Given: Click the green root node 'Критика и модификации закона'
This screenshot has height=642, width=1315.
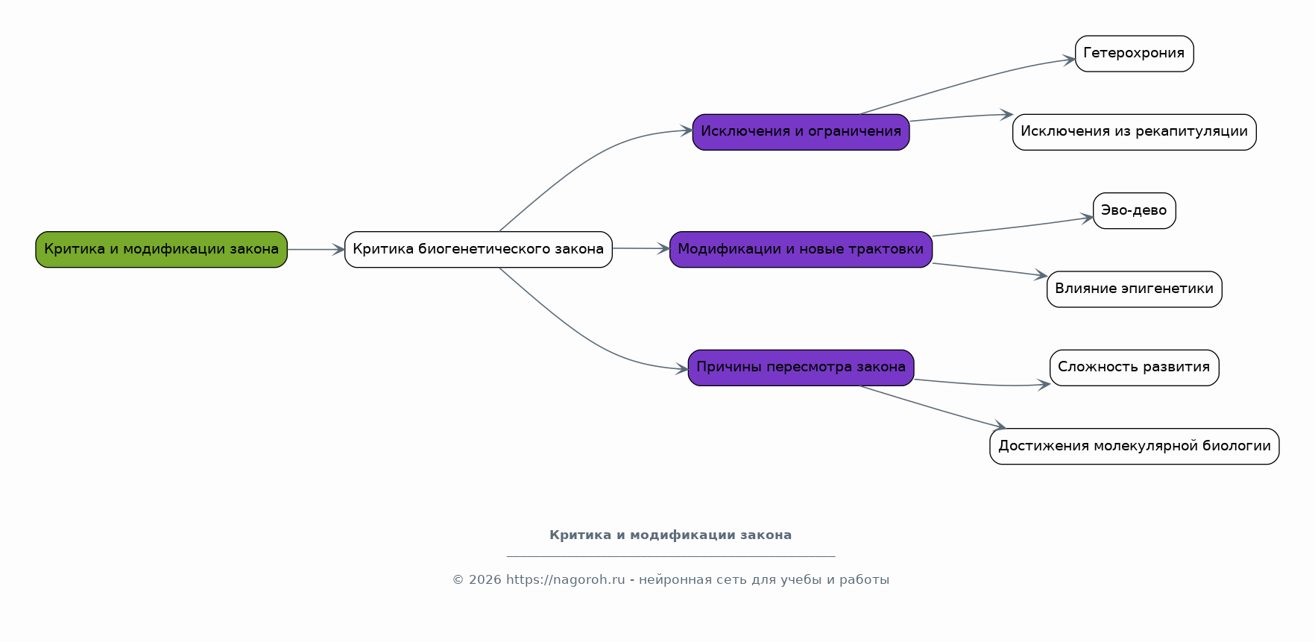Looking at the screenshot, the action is (x=162, y=249).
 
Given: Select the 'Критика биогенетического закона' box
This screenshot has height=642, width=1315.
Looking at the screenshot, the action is (x=479, y=249).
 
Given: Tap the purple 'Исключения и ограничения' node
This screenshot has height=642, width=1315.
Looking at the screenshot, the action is (x=801, y=132).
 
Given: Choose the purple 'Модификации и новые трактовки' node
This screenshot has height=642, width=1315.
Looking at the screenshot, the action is (x=801, y=249).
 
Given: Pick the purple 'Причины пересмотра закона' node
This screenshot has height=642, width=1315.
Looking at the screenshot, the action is (x=801, y=368).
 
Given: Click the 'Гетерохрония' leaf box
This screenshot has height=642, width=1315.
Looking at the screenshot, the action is (x=1134, y=54).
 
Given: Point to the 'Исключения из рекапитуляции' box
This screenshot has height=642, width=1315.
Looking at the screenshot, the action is (x=1134, y=132).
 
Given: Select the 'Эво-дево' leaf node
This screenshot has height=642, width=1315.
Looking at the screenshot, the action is (x=1134, y=211).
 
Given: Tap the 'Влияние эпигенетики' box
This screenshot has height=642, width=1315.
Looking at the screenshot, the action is (x=1134, y=289).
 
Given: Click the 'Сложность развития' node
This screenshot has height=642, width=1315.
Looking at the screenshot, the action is (x=1134, y=368).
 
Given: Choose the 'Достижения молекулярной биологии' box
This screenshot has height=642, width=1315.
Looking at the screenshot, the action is (x=1134, y=447).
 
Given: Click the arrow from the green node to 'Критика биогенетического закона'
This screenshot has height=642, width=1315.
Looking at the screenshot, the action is (x=316, y=249).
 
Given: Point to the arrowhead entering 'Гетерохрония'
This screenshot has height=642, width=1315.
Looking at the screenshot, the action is (x=1069, y=60).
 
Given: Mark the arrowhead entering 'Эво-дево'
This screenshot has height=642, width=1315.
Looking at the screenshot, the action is (x=1087, y=218).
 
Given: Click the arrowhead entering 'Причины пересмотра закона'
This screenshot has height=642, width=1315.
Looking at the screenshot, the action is (x=681, y=368).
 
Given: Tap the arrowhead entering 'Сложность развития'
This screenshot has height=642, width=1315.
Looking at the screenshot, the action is (x=1044, y=385).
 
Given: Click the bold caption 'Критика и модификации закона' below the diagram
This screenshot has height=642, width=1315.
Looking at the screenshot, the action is (x=670, y=535).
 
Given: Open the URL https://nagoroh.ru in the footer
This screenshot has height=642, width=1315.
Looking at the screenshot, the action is (x=565, y=579).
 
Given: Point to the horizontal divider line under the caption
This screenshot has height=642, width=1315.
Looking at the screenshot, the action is (x=670, y=556).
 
